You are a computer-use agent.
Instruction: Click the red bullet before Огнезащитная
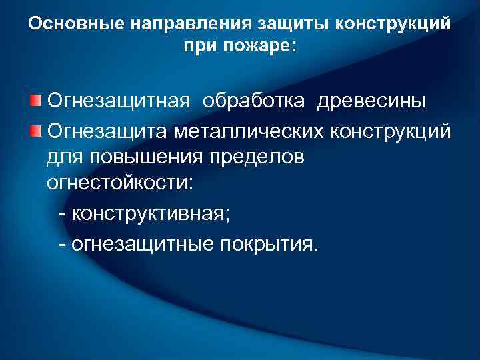point(35,101)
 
